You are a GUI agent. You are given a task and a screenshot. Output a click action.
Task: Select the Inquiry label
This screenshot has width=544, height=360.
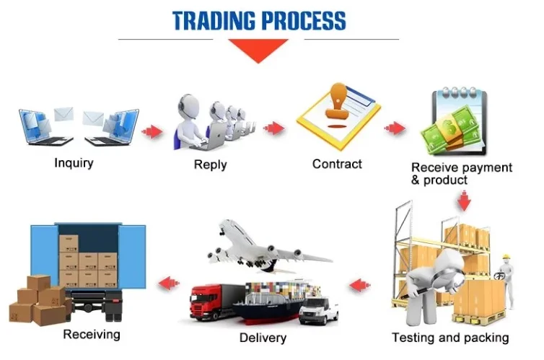click(74, 163)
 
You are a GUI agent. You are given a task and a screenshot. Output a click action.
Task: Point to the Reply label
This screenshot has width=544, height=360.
click(210, 164)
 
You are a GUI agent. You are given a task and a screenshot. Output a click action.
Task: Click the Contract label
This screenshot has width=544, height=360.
click(337, 164)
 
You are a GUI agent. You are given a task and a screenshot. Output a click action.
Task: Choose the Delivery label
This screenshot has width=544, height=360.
click(262, 338)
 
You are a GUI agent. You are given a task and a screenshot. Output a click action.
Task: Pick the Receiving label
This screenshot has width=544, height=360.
click(92, 334)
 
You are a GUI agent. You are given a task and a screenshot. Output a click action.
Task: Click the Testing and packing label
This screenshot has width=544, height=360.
click(450, 337)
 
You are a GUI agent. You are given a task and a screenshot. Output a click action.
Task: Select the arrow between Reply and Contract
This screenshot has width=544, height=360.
click(274, 129)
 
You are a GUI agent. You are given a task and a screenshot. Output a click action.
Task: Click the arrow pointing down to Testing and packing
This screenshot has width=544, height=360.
click(464, 200)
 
